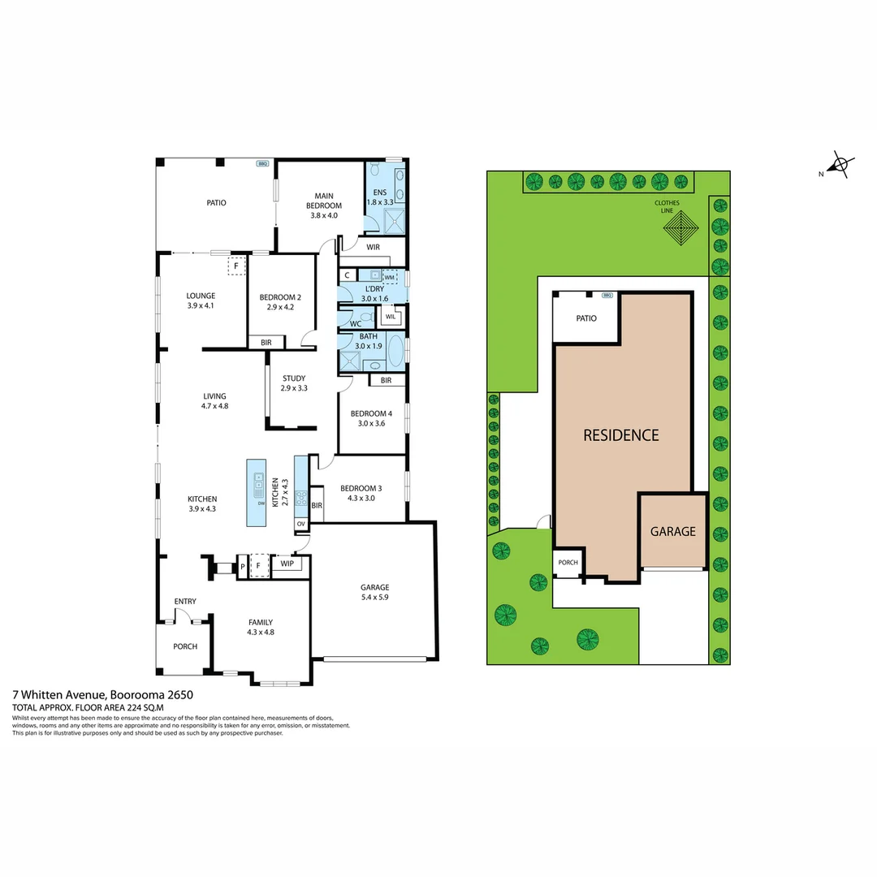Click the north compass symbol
(x=840, y=166)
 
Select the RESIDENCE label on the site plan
(x=621, y=435)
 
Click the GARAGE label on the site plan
(x=672, y=532)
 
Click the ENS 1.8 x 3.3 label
(x=379, y=197)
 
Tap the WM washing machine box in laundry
(x=389, y=277)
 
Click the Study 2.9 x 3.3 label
(x=293, y=383)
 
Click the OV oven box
(x=300, y=525)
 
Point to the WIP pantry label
(x=287, y=564)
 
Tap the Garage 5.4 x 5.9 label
(x=374, y=592)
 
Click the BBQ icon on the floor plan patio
(x=262, y=163)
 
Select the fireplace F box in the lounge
(x=236, y=266)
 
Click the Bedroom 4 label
(x=371, y=417)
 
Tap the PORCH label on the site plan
(x=568, y=563)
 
